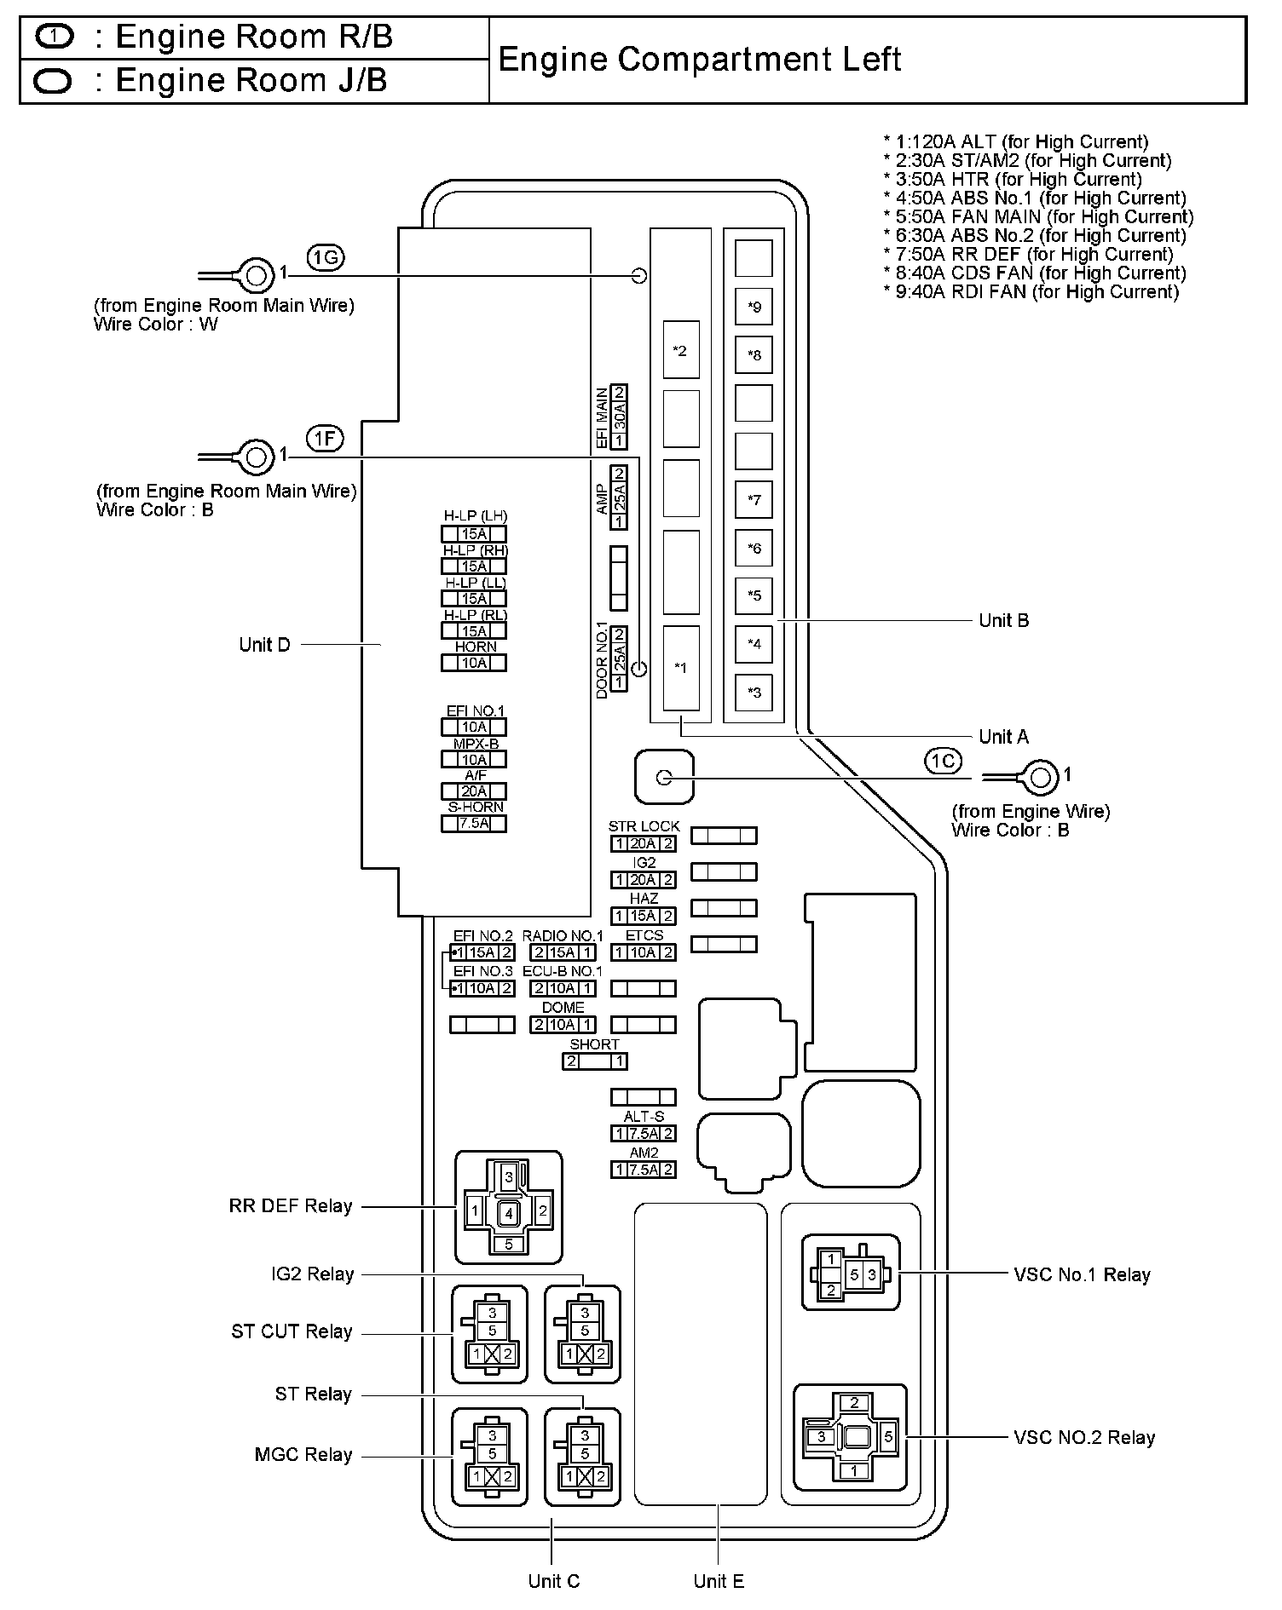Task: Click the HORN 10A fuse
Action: point(474,663)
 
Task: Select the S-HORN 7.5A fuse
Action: point(474,824)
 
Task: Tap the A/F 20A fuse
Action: point(474,791)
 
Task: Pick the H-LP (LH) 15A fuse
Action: point(474,534)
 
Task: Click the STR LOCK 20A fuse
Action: point(644,844)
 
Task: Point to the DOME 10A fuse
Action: point(563,1025)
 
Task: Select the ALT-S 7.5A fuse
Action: point(644,1134)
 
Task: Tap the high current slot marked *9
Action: point(754,307)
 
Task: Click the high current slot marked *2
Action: point(680,350)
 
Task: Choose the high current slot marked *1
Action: point(680,668)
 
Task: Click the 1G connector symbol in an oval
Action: point(326,257)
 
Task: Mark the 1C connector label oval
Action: point(943,761)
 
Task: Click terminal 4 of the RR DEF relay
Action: point(509,1213)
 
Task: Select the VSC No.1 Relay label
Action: point(1082,1275)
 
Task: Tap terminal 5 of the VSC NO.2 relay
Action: point(888,1437)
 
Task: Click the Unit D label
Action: point(265,645)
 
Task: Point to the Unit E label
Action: point(719,1582)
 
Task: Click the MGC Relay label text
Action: point(303,1455)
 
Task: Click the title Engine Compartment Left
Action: point(699,60)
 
